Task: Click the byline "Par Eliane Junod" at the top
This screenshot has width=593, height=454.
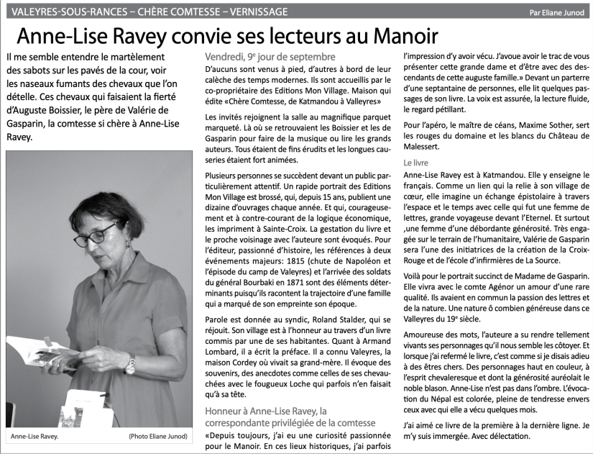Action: (556, 12)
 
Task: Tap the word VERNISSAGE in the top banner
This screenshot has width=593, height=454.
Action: (252, 12)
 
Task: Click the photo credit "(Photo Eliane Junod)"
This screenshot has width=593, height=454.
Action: (159, 437)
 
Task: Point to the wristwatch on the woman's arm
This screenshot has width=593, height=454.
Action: (130, 365)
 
